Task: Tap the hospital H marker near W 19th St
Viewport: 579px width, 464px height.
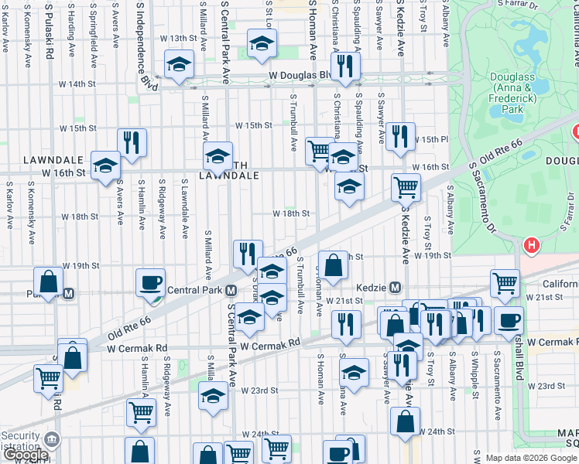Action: [x=531, y=247]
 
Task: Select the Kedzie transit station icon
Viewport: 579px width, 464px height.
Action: [x=395, y=287]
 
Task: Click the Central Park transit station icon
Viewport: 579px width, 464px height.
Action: [x=231, y=292]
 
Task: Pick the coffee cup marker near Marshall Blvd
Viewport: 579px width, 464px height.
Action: [x=509, y=319]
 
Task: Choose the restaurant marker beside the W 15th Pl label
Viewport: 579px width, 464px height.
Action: [x=399, y=136]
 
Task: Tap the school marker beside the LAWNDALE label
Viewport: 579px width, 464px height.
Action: [x=105, y=165]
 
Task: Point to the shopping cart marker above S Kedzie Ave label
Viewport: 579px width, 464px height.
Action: [x=406, y=186]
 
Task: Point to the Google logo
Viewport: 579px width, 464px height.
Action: [x=25, y=455]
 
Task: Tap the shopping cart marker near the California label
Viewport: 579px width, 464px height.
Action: [x=505, y=283]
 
